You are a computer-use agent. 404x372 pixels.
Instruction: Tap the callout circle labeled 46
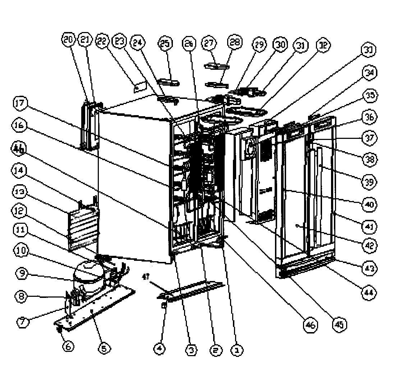[311, 326]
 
